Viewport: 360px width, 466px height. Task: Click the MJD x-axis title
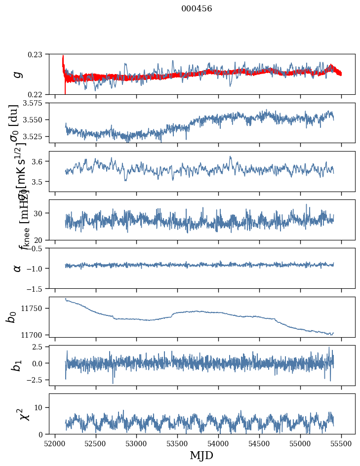click(x=201, y=455)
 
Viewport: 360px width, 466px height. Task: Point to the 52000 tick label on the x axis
click(x=55, y=443)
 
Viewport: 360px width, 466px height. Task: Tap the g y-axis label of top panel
click(x=17, y=74)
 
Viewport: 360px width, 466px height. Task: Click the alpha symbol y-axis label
click(x=17, y=268)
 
